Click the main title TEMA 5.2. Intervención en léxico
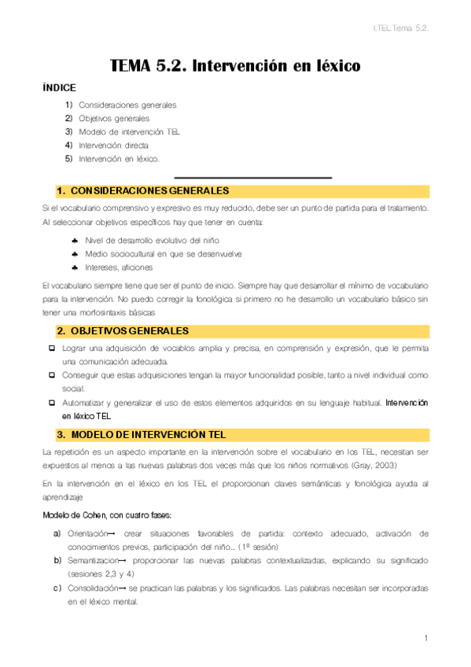[x=235, y=67]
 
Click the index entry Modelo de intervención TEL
[x=129, y=131]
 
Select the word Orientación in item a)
[x=89, y=533]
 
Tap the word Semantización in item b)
[x=94, y=560]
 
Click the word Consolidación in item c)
[x=93, y=588]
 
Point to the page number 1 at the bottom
[x=425, y=638]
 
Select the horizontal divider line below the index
[x=252, y=177]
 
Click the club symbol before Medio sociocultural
[x=74, y=254]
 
